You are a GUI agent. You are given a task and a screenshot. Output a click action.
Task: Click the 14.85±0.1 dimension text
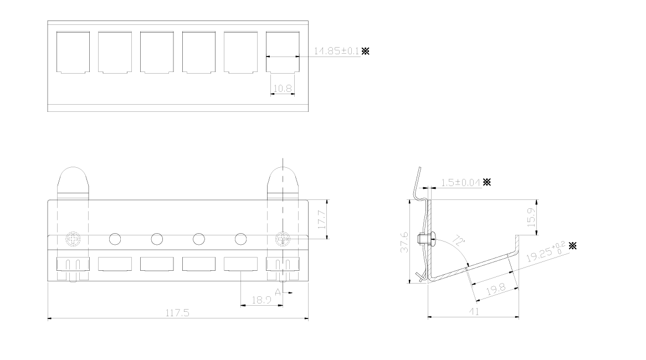tap(337, 50)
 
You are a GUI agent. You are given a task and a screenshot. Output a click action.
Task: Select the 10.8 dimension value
tap(282, 88)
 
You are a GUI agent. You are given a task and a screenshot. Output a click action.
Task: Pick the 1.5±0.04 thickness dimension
tap(461, 182)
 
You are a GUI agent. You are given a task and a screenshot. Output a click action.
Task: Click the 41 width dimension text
tap(473, 312)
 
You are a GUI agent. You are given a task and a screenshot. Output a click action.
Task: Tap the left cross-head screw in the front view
tap(73, 239)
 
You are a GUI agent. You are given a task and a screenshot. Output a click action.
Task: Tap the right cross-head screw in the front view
tap(283, 239)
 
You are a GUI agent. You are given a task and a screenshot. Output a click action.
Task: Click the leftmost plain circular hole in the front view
tap(115, 239)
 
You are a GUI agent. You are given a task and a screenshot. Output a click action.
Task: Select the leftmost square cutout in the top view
tap(73, 52)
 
